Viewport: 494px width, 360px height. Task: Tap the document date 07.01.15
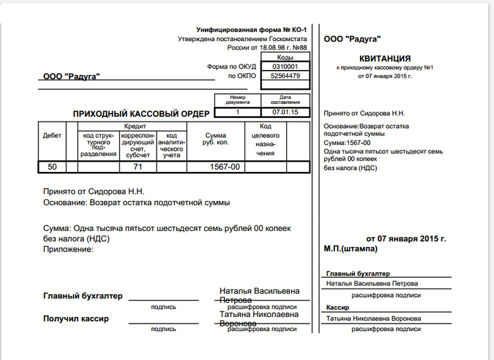[x=285, y=112]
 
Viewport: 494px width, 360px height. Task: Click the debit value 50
[x=52, y=167]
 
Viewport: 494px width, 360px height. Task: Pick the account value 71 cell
[x=137, y=167]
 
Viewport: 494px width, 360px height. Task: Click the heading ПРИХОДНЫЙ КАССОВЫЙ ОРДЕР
[x=141, y=114]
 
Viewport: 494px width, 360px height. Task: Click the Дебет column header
[x=52, y=136]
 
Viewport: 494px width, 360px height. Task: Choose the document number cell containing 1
[x=237, y=112]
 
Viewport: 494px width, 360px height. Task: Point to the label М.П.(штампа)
[x=351, y=248]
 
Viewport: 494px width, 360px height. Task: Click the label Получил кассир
[x=76, y=318]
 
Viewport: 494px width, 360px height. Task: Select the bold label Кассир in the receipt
[x=337, y=307]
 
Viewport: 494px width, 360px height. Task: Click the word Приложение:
[x=68, y=248]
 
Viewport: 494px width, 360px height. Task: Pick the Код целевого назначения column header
[x=265, y=140]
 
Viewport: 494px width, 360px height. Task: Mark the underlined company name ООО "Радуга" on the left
[x=71, y=76]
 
